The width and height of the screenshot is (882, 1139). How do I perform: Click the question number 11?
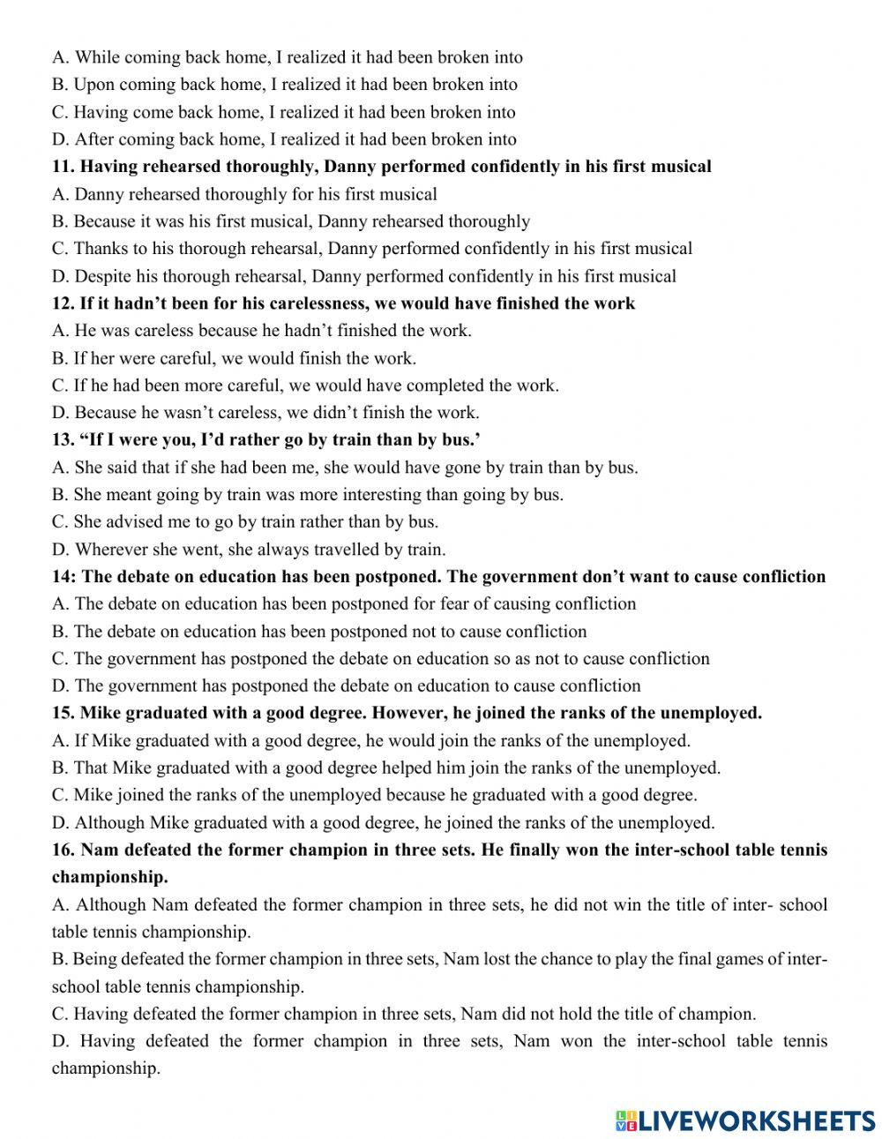click(x=63, y=167)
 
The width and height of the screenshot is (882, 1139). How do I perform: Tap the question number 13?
click(x=63, y=439)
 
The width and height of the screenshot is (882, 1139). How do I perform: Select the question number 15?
click(x=63, y=713)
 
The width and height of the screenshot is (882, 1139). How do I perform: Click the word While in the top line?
click(x=96, y=57)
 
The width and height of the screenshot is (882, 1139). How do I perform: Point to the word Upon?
click(x=94, y=85)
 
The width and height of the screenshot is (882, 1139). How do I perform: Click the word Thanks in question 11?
click(x=101, y=249)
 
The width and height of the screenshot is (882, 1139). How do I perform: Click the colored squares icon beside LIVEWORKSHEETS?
click(x=625, y=1120)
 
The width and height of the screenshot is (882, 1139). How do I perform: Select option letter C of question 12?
click(x=60, y=386)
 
